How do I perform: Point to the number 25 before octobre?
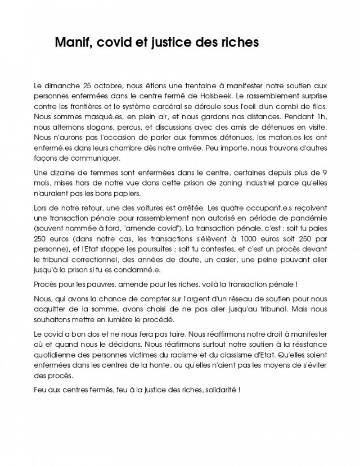tap(88, 85)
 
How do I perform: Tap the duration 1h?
tap(322, 116)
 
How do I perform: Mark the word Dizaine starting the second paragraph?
tap(63, 172)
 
